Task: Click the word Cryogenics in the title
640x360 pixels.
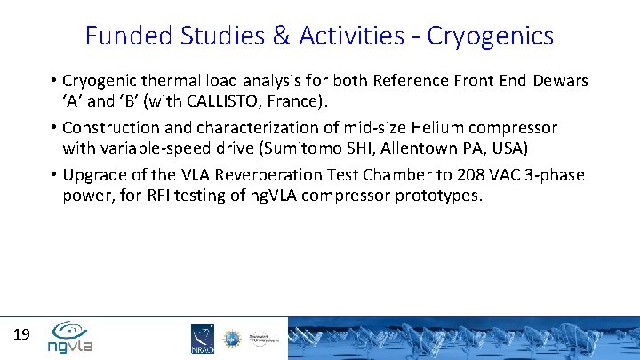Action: click(491, 36)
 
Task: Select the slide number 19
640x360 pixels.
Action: click(22, 335)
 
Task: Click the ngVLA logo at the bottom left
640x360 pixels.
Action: click(70, 336)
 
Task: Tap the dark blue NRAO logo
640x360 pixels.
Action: click(202, 339)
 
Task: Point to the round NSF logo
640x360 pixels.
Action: click(231, 338)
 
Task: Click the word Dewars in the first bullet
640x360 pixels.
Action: click(561, 81)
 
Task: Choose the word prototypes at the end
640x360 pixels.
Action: click(437, 195)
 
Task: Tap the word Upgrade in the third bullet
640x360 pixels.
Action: click(96, 173)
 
